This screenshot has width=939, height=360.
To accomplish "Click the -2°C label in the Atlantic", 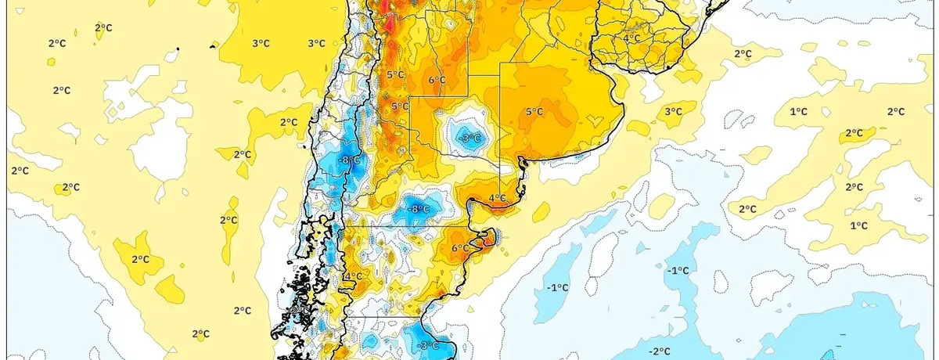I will click(x=660, y=351).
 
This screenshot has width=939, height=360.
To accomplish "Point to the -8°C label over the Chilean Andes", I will click(x=350, y=160).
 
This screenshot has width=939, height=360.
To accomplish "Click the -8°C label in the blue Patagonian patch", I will click(x=419, y=209).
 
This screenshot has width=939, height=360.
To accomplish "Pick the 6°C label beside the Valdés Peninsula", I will click(x=462, y=249).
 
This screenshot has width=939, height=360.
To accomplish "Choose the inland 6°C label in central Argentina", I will click(x=437, y=80).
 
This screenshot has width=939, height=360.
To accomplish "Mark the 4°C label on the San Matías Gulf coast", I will click(x=497, y=199).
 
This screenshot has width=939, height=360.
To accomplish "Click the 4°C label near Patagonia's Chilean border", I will click(x=353, y=276).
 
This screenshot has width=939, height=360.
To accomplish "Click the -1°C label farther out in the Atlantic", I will click(x=678, y=271).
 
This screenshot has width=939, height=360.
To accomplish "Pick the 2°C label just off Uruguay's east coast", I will click(x=743, y=54).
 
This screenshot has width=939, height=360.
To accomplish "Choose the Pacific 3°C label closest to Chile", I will click(x=316, y=44).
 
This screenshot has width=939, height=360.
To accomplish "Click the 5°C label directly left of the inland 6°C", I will click(x=395, y=75).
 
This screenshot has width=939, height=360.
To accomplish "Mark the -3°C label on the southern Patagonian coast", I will click(x=428, y=345).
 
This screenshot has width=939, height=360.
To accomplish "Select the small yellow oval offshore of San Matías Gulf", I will click(x=541, y=210).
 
